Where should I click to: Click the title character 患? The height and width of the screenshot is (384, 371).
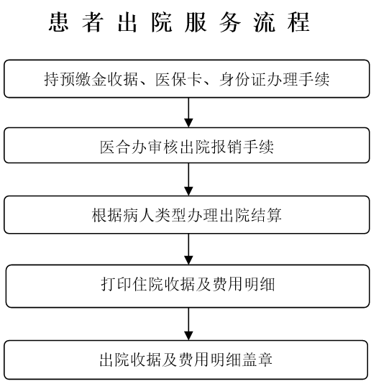tap(58, 22)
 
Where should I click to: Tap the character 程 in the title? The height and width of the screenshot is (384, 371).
tap(298, 22)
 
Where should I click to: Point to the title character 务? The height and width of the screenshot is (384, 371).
tap(229, 22)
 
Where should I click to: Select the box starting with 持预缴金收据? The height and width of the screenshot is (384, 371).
tap(187, 78)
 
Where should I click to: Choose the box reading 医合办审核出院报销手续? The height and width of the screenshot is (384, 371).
tap(187, 145)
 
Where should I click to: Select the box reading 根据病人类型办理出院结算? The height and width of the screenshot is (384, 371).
tap(187, 214)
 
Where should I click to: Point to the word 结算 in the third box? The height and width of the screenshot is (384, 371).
tap(267, 215)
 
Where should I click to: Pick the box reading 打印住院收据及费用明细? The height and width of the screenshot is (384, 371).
tap(188, 285)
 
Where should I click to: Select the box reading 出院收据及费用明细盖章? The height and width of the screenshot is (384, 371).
tap(186, 360)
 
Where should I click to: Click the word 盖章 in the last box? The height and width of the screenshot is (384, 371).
tap(257, 360)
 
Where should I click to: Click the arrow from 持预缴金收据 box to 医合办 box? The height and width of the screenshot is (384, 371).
tap(188, 112)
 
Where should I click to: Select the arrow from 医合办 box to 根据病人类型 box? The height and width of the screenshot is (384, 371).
tap(188, 179)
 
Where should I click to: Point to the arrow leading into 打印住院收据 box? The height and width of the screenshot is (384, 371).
tap(188, 249)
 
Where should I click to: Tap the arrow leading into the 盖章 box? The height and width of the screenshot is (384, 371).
tap(188, 324)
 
